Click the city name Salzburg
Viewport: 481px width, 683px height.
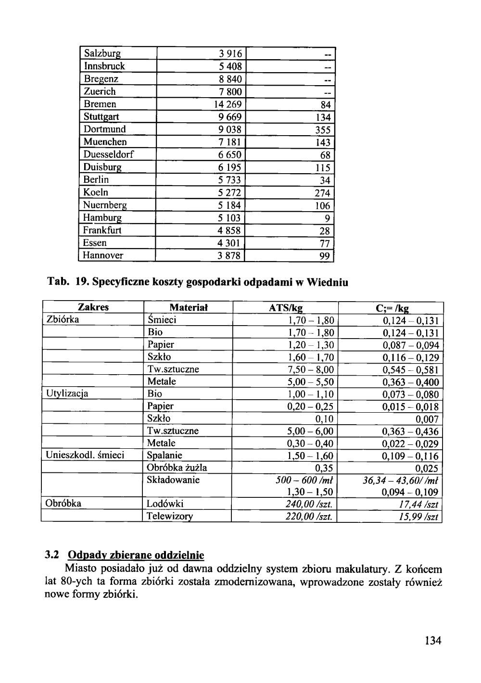[102, 53]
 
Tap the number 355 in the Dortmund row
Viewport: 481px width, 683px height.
[323, 130]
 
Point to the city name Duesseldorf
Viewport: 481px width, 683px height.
[109, 154]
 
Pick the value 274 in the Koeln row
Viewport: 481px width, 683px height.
[322, 193]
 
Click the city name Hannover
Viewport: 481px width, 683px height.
[103, 255]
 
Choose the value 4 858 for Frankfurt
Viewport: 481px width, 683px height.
[229, 230]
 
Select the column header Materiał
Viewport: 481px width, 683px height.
[188, 308]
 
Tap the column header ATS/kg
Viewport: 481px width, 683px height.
[286, 308]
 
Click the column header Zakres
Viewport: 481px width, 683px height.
[93, 307]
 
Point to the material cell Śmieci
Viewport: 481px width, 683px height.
[162, 320]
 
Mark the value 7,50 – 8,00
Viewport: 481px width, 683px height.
[310, 370]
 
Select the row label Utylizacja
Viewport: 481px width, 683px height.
[67, 394]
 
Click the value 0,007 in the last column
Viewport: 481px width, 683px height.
[427, 419]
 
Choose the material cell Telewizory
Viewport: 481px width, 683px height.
[170, 517]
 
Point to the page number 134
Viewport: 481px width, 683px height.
[433, 640]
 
